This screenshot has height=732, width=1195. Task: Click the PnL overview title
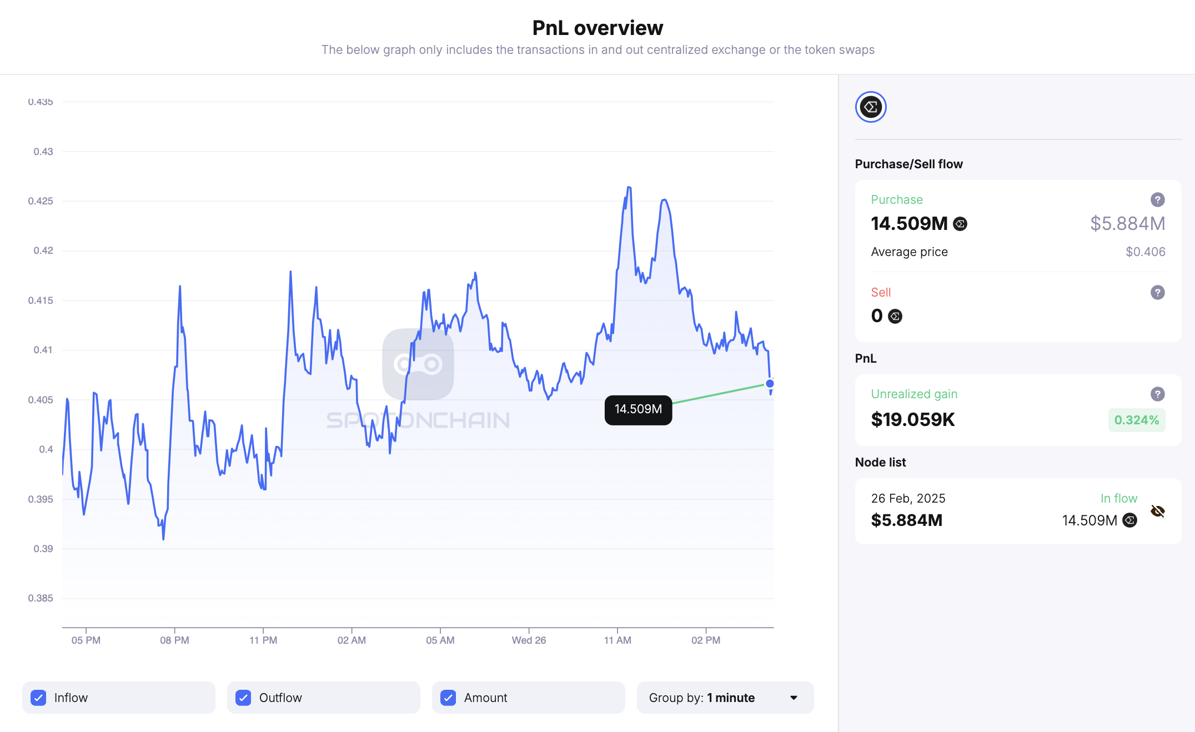[597, 28]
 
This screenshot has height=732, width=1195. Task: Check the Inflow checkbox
[38, 698]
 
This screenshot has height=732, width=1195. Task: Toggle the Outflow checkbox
[243, 698]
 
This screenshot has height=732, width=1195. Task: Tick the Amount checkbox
[448, 698]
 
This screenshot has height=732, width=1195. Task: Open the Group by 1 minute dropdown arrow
[794, 698]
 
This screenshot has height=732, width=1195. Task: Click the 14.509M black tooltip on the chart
[638, 409]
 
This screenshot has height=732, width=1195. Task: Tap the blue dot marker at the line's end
[770, 383]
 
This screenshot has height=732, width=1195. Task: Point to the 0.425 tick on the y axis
[41, 201]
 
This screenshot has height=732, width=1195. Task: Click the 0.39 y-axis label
[43, 549]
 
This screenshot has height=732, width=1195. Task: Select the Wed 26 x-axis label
[529, 640]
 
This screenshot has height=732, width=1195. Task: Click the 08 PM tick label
[174, 640]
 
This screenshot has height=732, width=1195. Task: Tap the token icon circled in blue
[871, 107]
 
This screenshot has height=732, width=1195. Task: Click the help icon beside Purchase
[1157, 199]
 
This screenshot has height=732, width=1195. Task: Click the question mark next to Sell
[1157, 292]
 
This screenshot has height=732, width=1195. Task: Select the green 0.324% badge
[1136, 420]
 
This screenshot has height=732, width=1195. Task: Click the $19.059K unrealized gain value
[913, 420]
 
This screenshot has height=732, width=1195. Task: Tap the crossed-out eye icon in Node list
[1158, 511]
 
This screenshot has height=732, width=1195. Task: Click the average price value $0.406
[1145, 252]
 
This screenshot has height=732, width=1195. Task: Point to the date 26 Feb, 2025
[908, 498]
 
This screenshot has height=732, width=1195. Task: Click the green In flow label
[1118, 498]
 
